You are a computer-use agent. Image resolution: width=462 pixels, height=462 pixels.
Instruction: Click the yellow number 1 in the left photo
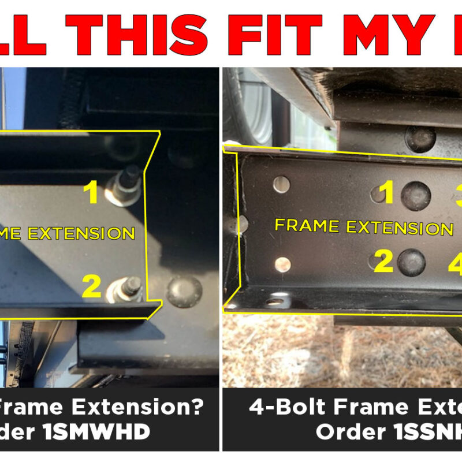point(91,193)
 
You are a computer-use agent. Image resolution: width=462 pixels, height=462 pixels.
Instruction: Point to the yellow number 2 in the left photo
point(91,286)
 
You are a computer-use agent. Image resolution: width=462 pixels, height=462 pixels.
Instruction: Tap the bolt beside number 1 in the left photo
point(126,185)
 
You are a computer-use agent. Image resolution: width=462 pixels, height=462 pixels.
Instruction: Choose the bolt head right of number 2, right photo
point(412,263)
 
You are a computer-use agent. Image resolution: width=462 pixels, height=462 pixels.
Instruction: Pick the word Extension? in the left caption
point(138,408)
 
